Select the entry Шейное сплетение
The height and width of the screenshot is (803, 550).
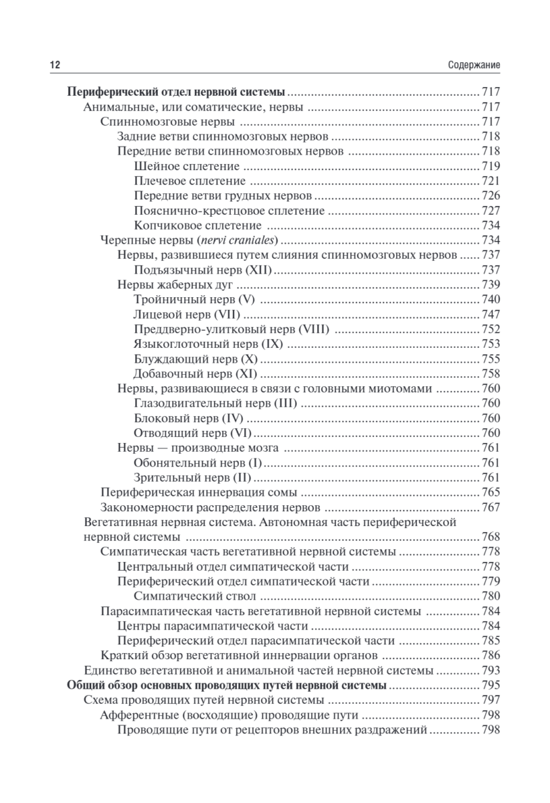tap(187, 166)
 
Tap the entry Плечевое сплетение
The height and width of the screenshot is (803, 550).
tap(189, 181)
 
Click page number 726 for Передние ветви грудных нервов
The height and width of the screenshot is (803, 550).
tap(491, 196)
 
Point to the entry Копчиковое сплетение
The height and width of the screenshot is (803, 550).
tap(197, 226)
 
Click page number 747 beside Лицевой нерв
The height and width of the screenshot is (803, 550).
tap(491, 315)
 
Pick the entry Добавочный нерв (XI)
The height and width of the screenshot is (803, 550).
tap(195, 373)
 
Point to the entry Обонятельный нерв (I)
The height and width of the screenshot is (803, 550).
tap(198, 463)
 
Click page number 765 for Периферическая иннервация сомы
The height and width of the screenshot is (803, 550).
tap(491, 493)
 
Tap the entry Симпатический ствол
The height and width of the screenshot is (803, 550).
tap(193, 596)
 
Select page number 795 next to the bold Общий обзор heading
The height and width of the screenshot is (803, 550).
tap(491, 685)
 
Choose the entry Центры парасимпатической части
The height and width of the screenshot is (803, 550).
tap(212, 626)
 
